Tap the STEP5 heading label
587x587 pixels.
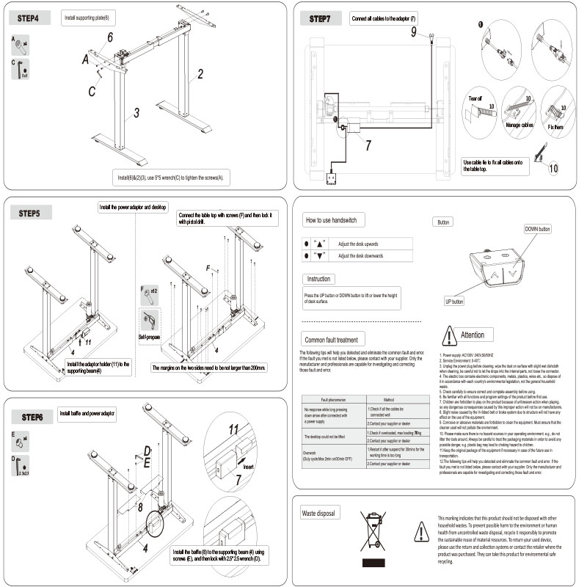tap(32, 214)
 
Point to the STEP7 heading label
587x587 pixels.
tap(324, 18)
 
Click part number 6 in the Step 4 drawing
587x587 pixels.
tap(109, 37)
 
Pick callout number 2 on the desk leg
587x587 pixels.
tap(200, 73)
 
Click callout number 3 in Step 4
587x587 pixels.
tap(136, 113)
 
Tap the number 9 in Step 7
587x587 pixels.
tap(413, 31)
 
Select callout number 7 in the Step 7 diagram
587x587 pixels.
tap(368, 145)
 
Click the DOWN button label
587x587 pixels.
tap(537, 229)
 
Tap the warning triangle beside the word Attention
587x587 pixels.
tap(448, 335)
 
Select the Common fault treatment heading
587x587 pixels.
tap(331, 340)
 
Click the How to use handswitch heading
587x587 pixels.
tap(331, 220)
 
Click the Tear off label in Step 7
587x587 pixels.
tap(475, 98)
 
